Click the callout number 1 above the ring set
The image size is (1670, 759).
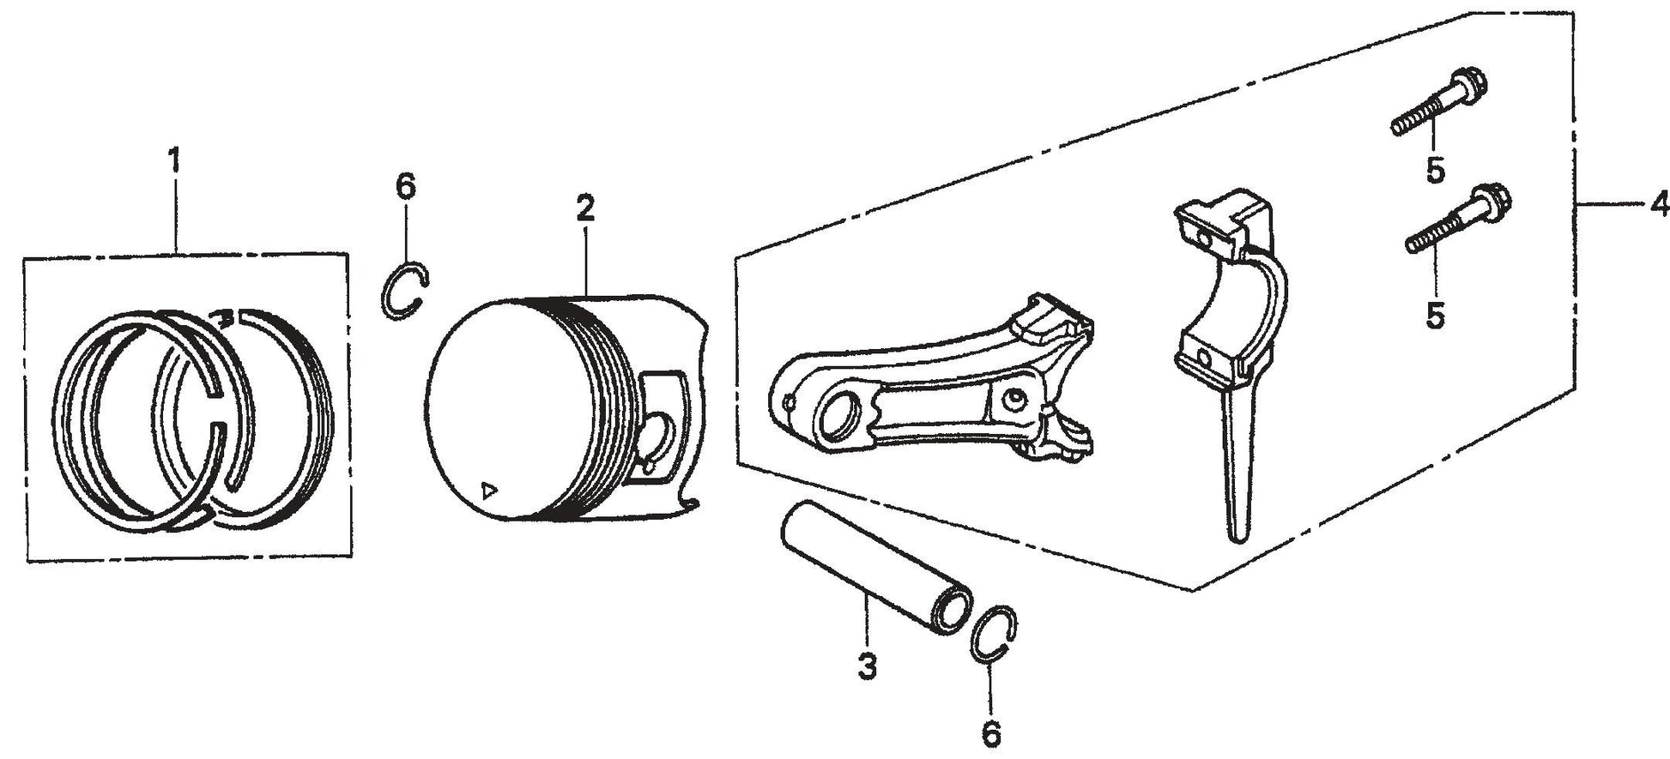tap(174, 160)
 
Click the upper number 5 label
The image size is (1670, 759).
tap(1436, 170)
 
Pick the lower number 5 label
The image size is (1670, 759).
tap(1436, 315)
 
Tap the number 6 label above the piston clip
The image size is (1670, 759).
tap(405, 185)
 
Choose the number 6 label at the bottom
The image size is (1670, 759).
tap(991, 732)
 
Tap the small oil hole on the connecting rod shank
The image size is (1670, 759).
tap(1016, 396)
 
